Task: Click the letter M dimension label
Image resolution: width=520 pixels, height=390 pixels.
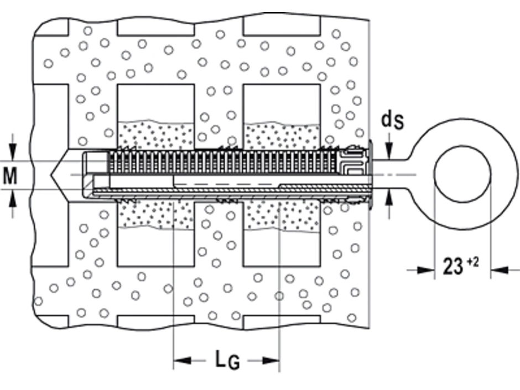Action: [11, 175]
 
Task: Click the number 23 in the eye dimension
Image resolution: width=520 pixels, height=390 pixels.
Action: [453, 267]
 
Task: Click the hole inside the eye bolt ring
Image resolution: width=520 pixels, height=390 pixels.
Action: [462, 175]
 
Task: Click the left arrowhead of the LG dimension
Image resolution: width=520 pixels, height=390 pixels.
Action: [182, 361]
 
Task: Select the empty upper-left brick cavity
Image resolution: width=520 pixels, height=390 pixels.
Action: [155, 102]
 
